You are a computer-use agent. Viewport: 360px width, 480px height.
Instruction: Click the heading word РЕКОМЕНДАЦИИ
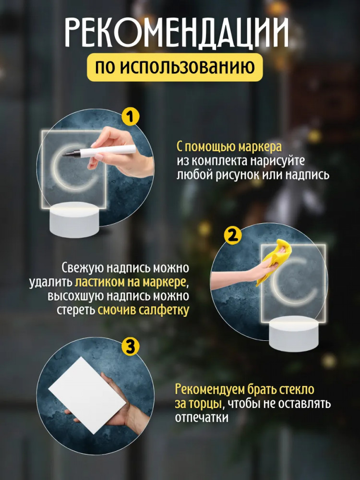177,32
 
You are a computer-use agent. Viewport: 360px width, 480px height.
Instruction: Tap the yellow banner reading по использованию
175,67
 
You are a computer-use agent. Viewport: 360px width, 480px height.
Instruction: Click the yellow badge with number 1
131,116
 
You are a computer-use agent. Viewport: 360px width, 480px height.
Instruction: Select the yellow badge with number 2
233,236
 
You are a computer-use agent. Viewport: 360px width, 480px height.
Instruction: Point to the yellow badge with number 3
131,347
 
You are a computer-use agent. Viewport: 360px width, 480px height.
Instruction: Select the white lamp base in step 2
294,334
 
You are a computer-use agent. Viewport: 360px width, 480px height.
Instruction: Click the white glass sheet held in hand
87,396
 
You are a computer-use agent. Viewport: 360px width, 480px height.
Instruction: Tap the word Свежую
82,268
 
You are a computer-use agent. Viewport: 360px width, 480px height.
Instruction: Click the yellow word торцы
206,404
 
